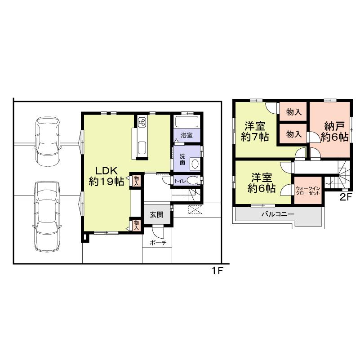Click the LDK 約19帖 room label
pos(106,176)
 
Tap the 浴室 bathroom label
pos(187,135)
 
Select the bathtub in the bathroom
pos(187,122)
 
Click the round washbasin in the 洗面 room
pos(196,164)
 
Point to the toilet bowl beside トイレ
pos(193,181)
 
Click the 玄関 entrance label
pos(156,214)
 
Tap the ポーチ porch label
pos(157,243)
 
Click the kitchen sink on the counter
pos(142,147)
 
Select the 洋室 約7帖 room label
pos(254,131)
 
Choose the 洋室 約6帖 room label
pos(263,182)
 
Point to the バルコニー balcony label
pos(278,214)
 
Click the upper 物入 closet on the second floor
pos(293,112)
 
